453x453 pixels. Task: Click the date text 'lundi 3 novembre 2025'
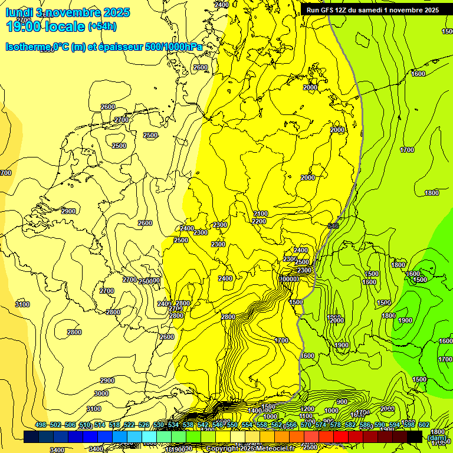click(68, 12)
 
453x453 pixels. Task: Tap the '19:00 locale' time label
click(45, 27)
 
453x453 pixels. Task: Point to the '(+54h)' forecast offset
click(102, 27)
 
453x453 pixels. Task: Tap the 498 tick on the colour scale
click(41, 425)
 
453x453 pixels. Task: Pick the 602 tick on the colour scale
click(424, 425)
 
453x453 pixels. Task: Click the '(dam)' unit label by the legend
click(436, 438)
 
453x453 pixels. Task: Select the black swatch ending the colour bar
click(415, 436)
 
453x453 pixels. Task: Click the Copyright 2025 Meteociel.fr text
click(250, 449)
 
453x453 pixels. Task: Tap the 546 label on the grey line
click(333, 226)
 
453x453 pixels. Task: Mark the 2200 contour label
click(259, 221)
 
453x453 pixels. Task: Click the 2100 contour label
click(261, 214)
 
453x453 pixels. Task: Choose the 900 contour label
click(342, 402)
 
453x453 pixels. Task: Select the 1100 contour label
click(306, 416)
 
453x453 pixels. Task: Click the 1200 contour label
click(307, 409)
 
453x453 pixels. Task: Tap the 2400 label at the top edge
click(221, 5)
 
